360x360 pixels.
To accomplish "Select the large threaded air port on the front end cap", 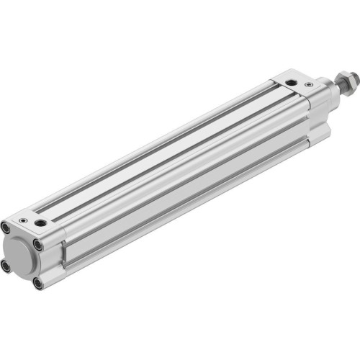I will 290,83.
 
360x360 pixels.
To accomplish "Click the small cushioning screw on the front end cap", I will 309,84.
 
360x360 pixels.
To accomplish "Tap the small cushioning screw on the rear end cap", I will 23,220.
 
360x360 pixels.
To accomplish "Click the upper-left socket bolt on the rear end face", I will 5,228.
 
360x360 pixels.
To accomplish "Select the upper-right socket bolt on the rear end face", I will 37,245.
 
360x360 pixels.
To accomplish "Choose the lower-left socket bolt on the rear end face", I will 6,266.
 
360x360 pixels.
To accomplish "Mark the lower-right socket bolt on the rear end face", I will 37,283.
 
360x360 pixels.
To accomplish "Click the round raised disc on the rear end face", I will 21,256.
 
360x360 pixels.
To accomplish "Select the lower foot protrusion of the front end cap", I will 321,134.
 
